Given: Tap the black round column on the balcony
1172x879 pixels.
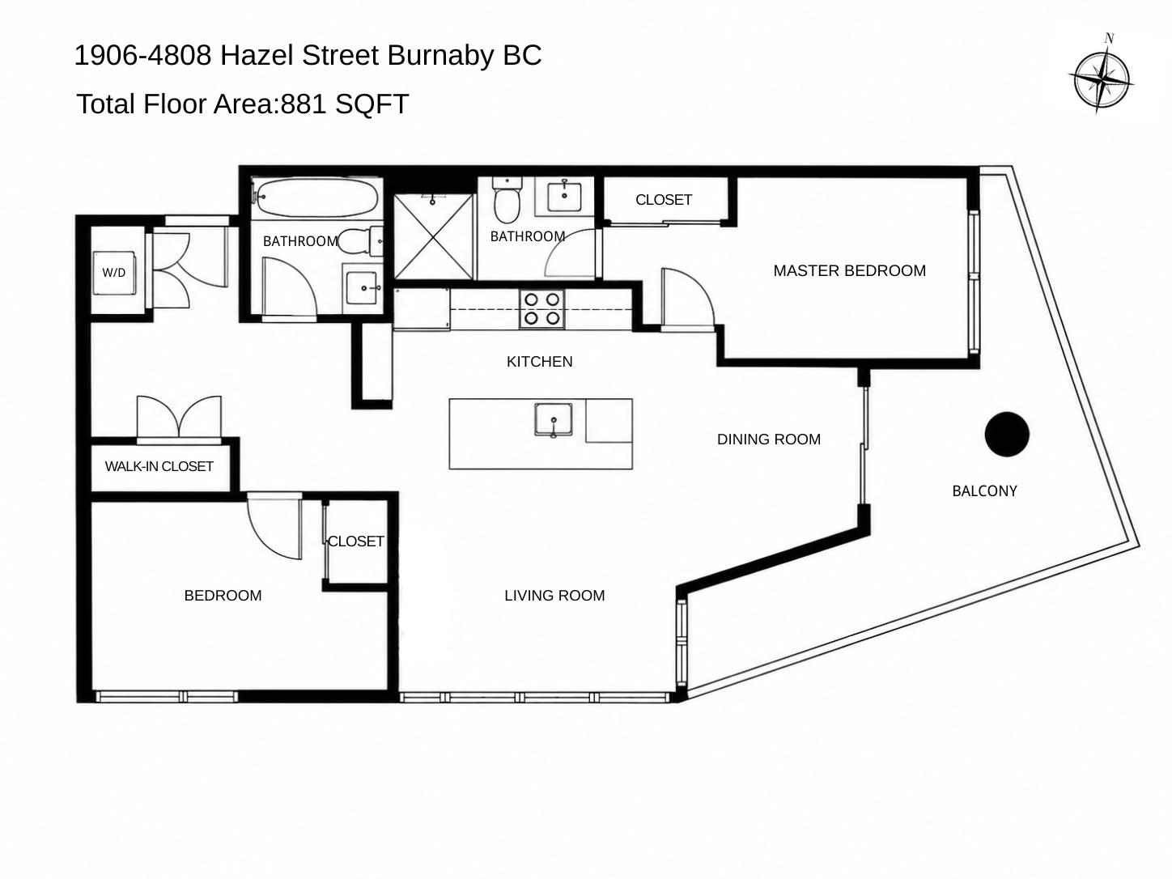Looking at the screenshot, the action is pos(1007,435).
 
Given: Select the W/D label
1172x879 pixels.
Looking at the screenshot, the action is pos(114,273).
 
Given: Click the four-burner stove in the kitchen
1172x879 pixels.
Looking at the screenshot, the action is pos(542,309).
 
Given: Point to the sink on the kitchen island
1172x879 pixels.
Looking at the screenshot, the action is pos(554,420).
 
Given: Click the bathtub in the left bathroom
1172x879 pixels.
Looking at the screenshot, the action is pos(317,198).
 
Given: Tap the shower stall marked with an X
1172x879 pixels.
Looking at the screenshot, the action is pos(434,236).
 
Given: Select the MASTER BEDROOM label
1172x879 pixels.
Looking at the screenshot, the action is pos(850,270).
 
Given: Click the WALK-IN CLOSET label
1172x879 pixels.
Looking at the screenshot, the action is pos(159,466).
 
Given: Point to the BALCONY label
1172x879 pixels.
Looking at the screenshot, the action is pos(984,491).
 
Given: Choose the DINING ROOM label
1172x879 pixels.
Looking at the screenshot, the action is pos(769,439).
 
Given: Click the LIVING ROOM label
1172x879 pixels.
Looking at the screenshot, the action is pos(554,596).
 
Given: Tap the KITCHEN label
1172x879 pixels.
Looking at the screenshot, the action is pos(539,362).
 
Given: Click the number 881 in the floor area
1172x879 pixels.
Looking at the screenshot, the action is pos(304,104).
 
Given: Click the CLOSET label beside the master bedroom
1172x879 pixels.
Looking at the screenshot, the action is pos(664,200).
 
